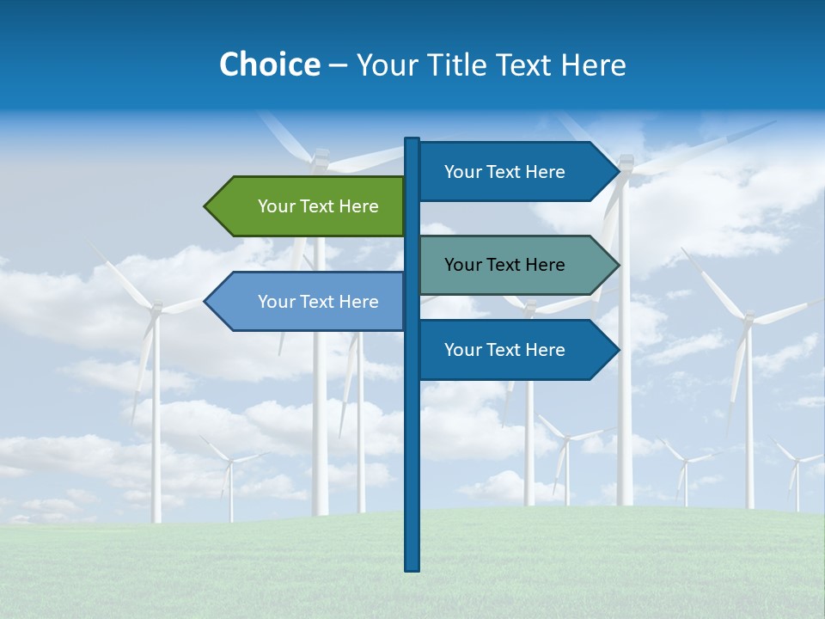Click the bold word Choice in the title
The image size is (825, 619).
[269, 64]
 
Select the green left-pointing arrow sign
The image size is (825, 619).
[309, 206]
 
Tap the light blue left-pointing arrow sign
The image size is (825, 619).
[309, 302]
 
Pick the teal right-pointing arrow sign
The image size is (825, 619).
[516, 265]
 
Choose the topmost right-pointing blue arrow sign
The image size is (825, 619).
[516, 172]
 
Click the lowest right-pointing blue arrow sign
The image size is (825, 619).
[516, 350]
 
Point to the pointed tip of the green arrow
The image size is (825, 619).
[205, 206]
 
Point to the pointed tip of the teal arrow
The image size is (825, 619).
[618, 265]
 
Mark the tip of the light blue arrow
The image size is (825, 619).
[205, 302]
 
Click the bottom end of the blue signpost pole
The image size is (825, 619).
[412, 568]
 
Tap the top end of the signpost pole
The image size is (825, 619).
[412, 139]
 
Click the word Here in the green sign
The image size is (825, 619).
[358, 206]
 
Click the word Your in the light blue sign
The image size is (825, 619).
[275, 302]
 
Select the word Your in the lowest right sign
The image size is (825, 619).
[461, 350]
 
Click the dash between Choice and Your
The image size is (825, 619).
[338, 65]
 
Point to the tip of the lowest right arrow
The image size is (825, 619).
[618, 350]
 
